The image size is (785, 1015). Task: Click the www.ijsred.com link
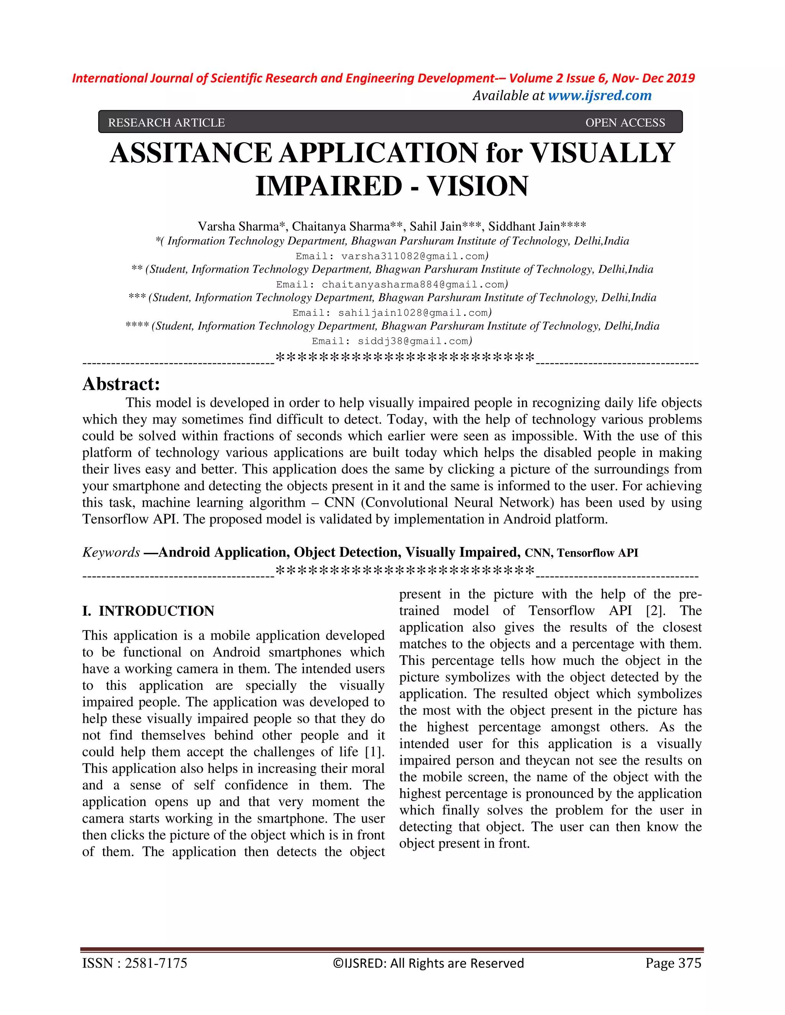coord(599,96)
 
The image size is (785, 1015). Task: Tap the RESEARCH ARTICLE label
coord(166,123)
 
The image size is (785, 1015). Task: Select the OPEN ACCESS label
coord(625,123)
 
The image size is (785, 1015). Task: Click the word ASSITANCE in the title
coord(190,153)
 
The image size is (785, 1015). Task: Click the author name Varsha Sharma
coord(238,226)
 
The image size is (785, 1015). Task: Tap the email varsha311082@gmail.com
coord(413,256)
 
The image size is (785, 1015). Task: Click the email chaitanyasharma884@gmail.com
coord(412,285)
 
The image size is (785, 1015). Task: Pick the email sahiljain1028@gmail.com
coord(412,313)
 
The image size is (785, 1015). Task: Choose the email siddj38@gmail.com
coord(413,341)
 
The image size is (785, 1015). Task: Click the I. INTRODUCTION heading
coord(148,611)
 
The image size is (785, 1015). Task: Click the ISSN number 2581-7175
coord(156,963)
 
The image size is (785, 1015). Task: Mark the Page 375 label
coord(673,963)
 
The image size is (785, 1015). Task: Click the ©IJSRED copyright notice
coord(428,963)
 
